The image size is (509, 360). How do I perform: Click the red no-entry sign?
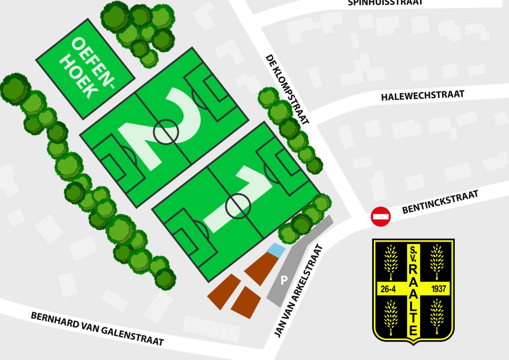coord(381,217)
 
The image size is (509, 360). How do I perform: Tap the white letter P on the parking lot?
coord(284,281)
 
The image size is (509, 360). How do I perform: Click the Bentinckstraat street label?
coord(440,202)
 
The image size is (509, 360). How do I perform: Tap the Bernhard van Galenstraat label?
coord(97,329)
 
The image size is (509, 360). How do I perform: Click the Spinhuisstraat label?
coord(386,2)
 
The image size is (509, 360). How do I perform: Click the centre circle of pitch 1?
coord(238,205)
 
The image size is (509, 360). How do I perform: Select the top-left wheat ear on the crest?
coord(391,262)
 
